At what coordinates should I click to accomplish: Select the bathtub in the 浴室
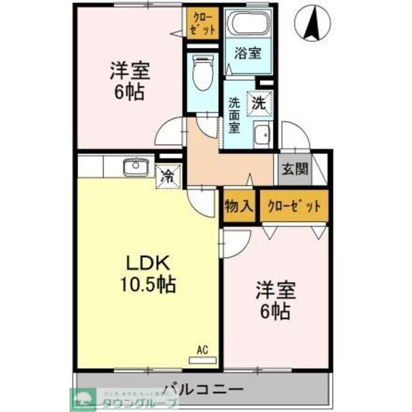(247, 24)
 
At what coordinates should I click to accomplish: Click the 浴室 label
(247, 53)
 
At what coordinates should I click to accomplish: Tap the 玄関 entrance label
(294, 169)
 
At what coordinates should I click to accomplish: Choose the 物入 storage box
(238, 206)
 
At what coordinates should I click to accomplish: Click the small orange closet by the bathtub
(202, 23)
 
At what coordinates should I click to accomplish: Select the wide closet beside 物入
(294, 206)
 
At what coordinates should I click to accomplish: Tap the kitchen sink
(135, 167)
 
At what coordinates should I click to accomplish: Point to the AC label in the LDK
(202, 350)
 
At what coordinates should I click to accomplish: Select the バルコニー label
(202, 389)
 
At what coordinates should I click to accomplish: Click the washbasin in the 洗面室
(262, 136)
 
